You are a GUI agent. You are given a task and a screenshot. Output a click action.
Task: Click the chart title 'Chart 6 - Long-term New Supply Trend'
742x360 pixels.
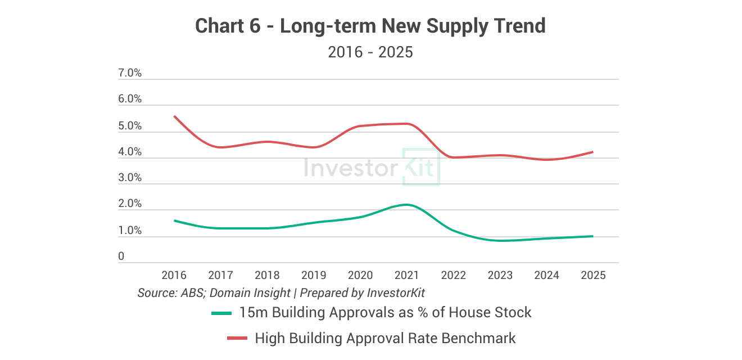[370, 26]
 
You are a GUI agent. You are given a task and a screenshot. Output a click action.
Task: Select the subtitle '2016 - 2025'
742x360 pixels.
[370, 52]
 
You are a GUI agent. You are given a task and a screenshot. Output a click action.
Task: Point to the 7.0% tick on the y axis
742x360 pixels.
[130, 73]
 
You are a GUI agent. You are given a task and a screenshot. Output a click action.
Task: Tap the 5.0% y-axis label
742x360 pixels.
[130, 126]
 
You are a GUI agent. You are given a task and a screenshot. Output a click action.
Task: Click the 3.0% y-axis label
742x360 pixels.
[130, 178]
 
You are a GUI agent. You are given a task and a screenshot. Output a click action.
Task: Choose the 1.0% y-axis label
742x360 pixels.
[130, 231]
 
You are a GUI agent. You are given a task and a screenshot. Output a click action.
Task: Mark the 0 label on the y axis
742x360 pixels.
[121, 256]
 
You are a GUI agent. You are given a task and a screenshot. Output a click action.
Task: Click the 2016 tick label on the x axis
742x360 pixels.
[174, 275]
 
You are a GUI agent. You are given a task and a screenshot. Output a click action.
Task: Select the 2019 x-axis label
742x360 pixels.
[314, 275]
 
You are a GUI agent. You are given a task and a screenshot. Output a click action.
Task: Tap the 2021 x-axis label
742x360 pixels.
[406, 275]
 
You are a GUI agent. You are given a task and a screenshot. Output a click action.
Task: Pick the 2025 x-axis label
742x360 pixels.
[593, 275]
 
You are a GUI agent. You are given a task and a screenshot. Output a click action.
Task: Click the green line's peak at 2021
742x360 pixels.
[406, 205]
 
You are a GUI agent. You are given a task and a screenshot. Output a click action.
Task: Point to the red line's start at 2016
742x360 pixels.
[174, 116]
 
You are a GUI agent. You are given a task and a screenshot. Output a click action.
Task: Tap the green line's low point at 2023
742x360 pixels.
[500, 241]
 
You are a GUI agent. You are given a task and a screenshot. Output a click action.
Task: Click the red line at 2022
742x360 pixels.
[453, 157]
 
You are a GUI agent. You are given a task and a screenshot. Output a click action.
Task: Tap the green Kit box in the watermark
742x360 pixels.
[421, 167]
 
